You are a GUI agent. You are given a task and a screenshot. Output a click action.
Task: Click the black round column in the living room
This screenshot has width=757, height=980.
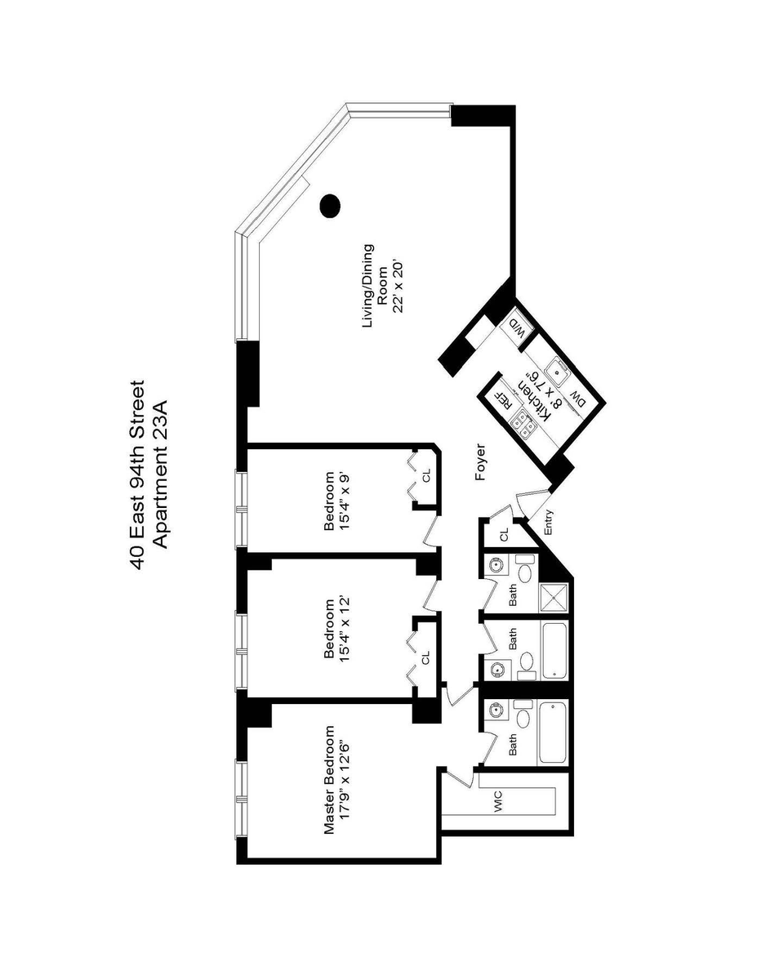pos(330,206)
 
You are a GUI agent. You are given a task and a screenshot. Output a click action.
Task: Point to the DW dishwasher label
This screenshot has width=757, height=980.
pos(577,398)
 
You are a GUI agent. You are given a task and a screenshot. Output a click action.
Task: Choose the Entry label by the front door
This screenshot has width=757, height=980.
pos(548,522)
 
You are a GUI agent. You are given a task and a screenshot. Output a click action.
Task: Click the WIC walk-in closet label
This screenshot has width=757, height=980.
pos(498,802)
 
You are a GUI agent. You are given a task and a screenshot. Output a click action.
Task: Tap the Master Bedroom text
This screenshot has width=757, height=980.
pos(330,780)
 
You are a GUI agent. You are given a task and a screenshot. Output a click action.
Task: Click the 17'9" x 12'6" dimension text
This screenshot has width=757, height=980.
pos(345,780)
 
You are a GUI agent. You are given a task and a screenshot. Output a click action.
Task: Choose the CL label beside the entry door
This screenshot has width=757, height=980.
pos(504,534)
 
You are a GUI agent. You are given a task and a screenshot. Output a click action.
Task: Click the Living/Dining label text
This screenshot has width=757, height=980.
pos(369,287)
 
